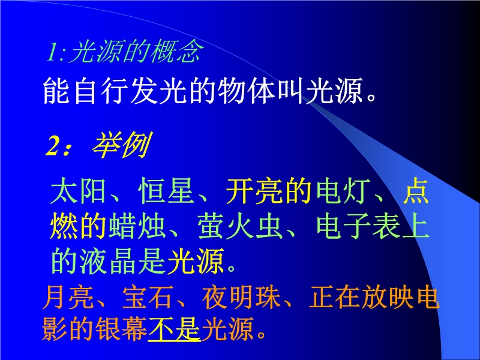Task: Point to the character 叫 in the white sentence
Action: pyautogui.click(x=290, y=91)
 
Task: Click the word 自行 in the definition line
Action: pyautogui.click(x=101, y=91)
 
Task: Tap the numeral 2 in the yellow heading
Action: pyautogui.click(x=53, y=146)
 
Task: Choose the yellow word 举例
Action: pyautogui.click(x=122, y=145)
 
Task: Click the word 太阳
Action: pyautogui.click(x=78, y=191)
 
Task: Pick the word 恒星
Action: pyautogui.click(x=166, y=191)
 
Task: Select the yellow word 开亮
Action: pyautogui.click(x=254, y=191)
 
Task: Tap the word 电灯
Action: pyautogui.click(x=343, y=191)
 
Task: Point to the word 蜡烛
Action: pyautogui.click(x=137, y=227)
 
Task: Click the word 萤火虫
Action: pyautogui.click(x=240, y=227)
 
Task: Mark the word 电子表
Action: pyautogui.click(x=358, y=227)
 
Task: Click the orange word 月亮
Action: pyautogui.click(x=68, y=297)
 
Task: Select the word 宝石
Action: pyautogui.click(x=148, y=297)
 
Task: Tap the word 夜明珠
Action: pyautogui.click(x=241, y=297)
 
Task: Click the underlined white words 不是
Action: pyautogui.click(x=175, y=329)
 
